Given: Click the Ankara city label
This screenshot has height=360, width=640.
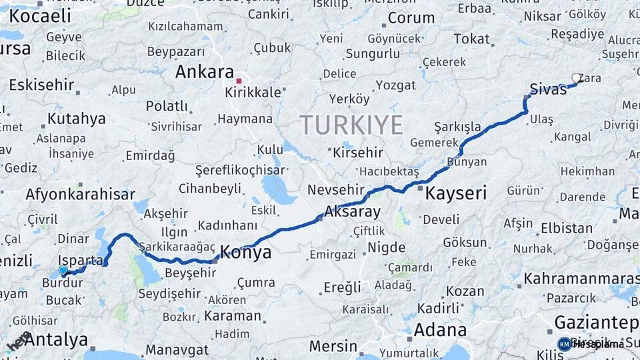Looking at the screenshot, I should coord(204,72).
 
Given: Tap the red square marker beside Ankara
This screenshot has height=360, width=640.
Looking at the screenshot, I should coord(239,81).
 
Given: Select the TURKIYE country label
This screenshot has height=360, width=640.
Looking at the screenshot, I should coord(351,125).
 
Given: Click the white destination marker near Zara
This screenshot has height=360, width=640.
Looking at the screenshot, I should coord(577,79).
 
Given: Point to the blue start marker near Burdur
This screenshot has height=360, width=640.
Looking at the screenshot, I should coord(63,270).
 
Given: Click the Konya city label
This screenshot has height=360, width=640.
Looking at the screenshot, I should coord(245,253).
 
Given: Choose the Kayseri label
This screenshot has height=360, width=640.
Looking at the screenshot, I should coord(455,194).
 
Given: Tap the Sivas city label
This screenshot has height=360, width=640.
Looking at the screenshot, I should coord(548,89).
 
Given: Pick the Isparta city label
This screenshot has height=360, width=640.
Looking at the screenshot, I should coord(80,260).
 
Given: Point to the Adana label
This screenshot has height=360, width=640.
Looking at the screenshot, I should coord(440,329).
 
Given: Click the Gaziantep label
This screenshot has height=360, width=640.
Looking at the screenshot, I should coord(596,323).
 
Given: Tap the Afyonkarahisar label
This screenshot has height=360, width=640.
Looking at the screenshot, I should coord(80,195).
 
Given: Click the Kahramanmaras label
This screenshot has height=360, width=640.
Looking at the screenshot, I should coord(581,278).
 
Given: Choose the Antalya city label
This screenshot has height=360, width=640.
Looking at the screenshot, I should coord(56,339).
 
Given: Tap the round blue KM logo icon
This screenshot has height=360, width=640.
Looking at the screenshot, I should coord(564,344).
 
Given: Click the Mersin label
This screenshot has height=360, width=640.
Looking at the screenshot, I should coord(333,347).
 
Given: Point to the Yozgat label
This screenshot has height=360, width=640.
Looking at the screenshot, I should coord(395,85).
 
